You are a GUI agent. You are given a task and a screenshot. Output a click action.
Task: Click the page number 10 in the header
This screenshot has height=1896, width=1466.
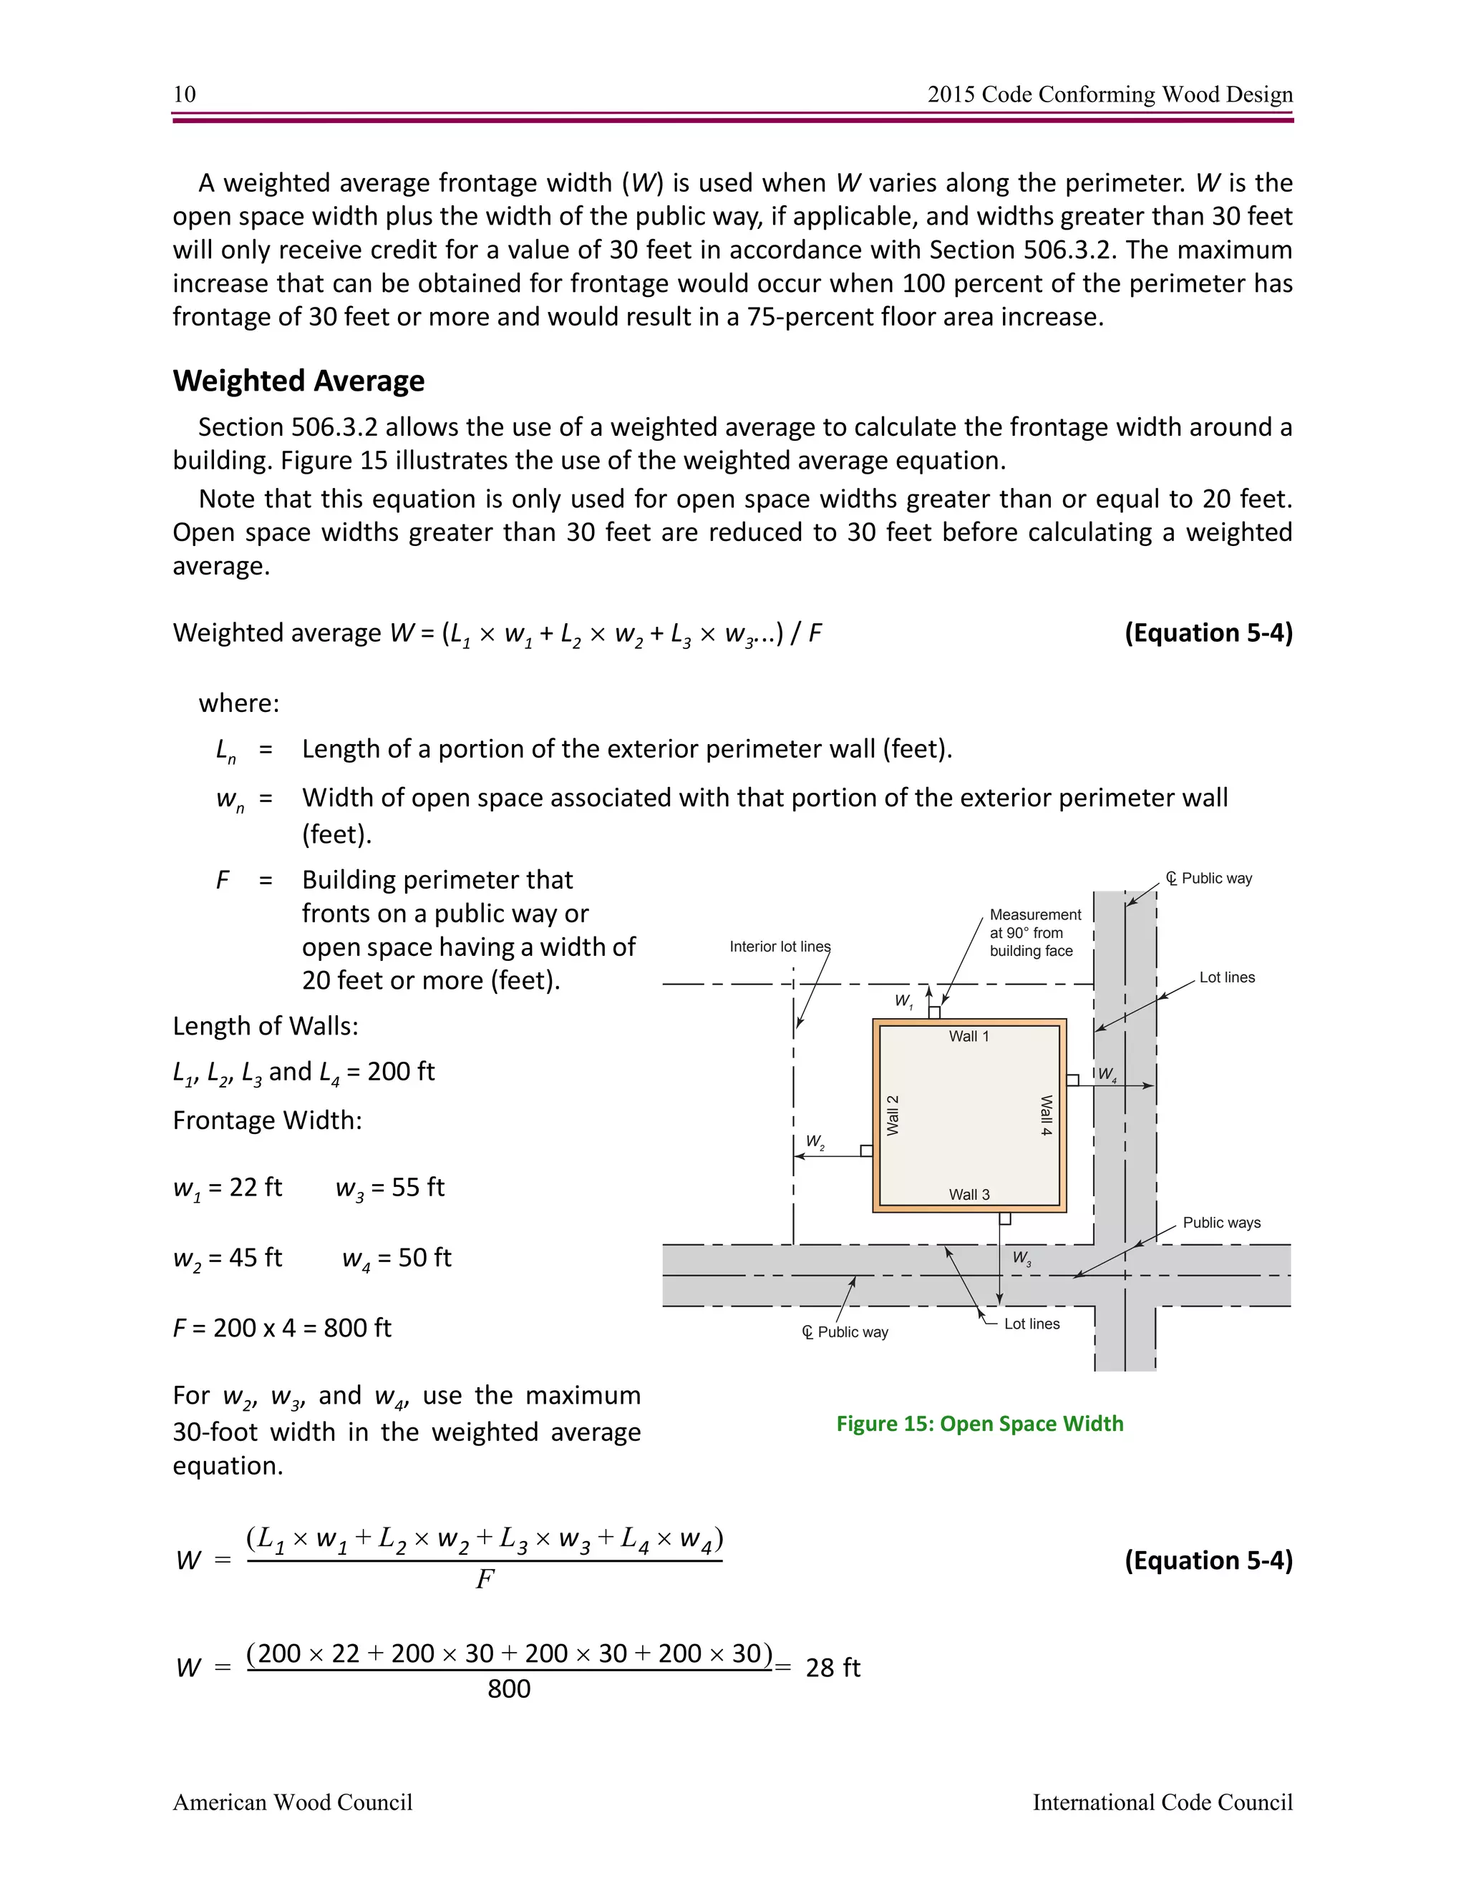(x=184, y=94)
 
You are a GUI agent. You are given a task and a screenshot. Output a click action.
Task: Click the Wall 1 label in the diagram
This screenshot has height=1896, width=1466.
(x=969, y=1036)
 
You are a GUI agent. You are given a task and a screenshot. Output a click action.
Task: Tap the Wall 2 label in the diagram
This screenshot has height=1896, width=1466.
(x=892, y=1115)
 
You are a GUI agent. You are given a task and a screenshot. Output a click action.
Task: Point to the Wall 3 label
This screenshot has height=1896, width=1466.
(x=969, y=1195)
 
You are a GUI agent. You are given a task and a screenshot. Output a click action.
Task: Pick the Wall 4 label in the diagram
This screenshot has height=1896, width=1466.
(x=1047, y=1115)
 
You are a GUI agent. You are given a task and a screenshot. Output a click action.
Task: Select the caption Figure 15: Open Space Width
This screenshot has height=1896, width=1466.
(x=979, y=1423)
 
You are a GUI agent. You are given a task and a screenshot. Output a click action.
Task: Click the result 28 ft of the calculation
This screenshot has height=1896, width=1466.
(x=832, y=1668)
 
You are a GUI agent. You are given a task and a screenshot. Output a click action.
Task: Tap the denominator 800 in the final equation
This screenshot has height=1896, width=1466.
(x=508, y=1689)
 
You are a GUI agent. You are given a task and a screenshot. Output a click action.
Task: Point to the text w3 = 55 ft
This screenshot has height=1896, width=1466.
(x=390, y=1187)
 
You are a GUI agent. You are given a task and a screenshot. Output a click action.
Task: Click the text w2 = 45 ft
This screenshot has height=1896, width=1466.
(x=227, y=1257)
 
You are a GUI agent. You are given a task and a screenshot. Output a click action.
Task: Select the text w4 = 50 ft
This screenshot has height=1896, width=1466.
(x=396, y=1257)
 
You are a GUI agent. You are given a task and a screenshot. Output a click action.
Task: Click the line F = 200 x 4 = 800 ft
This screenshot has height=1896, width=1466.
(x=281, y=1327)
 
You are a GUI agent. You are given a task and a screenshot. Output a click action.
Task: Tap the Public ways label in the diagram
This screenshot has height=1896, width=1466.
(x=1221, y=1222)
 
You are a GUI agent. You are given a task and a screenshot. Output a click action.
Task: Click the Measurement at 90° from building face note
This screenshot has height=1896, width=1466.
(x=1034, y=932)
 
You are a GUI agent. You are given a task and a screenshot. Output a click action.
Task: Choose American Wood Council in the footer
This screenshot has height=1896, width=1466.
(x=292, y=1802)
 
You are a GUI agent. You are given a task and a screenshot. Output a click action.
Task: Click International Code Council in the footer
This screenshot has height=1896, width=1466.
(x=1162, y=1802)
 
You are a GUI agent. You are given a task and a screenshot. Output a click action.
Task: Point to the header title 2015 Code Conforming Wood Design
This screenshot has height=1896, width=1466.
(x=1110, y=94)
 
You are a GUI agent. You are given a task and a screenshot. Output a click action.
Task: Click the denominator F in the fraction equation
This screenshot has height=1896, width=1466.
(x=485, y=1579)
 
